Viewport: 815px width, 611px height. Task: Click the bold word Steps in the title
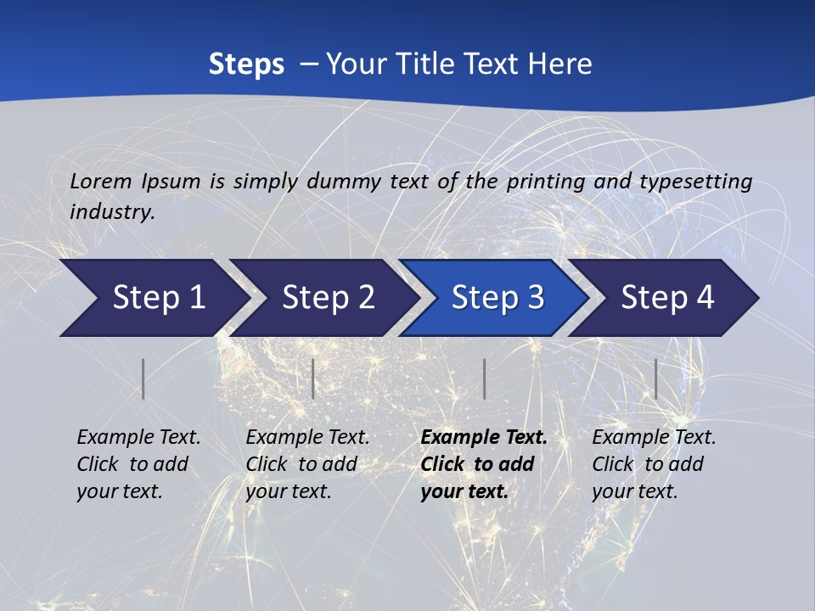[x=246, y=64]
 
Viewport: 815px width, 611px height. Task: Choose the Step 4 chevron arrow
[x=663, y=298]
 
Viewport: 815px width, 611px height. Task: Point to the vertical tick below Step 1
[x=143, y=378]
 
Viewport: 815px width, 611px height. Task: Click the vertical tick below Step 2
[x=313, y=378]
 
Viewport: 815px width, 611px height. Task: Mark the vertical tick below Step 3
[x=484, y=378]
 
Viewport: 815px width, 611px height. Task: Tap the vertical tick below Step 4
[x=655, y=378]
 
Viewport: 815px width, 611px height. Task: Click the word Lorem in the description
[x=101, y=181]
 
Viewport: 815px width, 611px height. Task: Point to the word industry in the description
[x=112, y=211]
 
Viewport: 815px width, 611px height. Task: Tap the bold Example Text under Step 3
[x=484, y=437]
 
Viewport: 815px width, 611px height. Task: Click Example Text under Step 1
[x=138, y=437]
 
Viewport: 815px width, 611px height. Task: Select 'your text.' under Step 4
[x=634, y=491]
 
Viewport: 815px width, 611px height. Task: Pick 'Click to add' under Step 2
[x=301, y=464]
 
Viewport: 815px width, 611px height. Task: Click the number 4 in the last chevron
[x=704, y=298]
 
